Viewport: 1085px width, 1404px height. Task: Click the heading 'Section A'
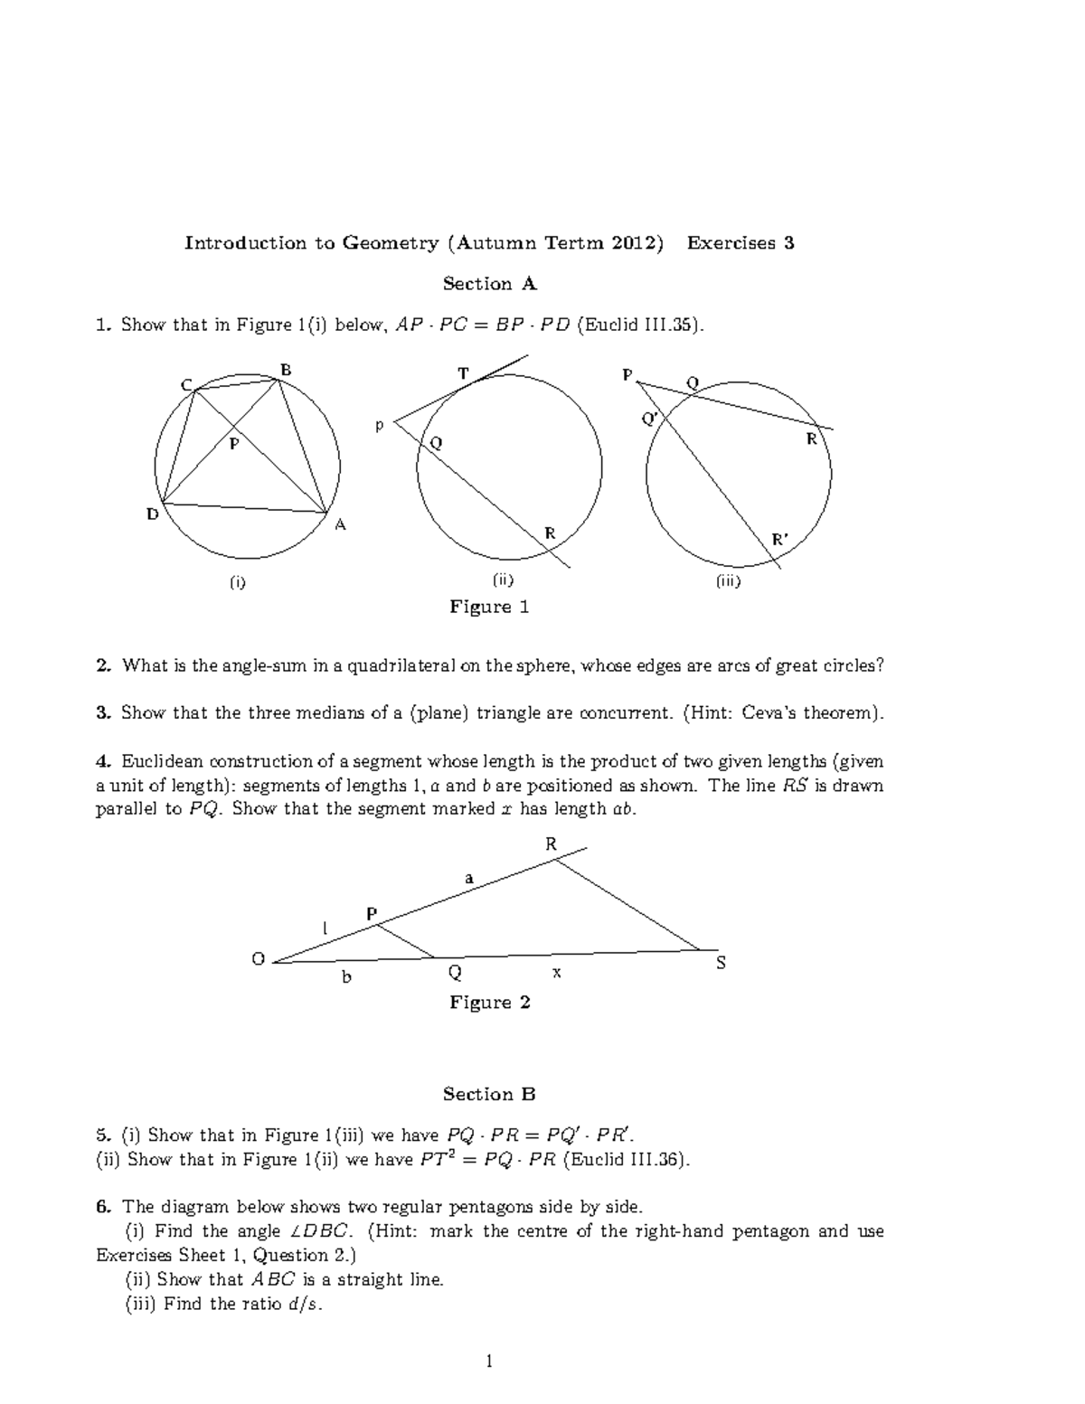489,284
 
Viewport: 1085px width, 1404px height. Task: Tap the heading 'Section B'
489,1094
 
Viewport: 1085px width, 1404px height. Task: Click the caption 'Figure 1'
489,607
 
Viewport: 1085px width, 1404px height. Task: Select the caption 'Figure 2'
489,1002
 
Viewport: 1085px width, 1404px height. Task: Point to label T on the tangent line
464,372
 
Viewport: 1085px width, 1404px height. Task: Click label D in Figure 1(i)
153,514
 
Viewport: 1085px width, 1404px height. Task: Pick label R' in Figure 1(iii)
779,540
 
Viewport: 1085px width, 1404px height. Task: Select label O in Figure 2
258,959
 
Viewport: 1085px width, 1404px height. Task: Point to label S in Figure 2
721,964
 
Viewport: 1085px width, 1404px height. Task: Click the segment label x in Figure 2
557,972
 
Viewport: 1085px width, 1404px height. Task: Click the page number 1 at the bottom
489,1361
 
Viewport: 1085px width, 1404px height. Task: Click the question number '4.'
103,760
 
